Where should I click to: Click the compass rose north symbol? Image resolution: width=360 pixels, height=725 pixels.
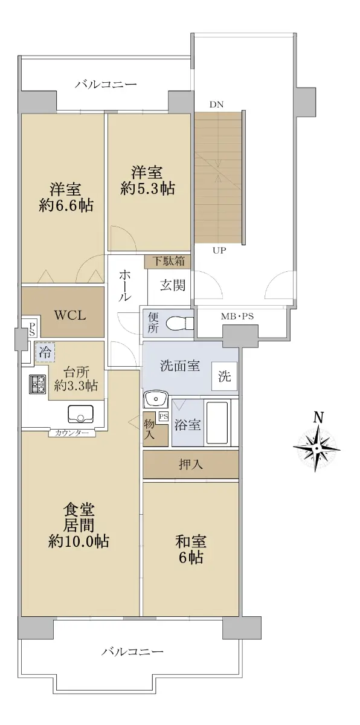click(317, 442)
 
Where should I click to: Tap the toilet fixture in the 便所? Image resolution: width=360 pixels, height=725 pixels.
click(179, 323)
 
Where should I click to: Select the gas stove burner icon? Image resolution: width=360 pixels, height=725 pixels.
click(37, 384)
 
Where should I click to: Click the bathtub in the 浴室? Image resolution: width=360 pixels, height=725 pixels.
click(218, 422)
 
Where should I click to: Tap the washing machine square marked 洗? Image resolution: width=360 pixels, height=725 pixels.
click(224, 376)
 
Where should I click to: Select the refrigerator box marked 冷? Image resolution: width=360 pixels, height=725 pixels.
click(45, 352)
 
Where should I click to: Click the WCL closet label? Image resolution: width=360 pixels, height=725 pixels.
click(70, 315)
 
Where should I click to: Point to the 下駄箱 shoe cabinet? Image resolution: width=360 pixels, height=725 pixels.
click(167, 262)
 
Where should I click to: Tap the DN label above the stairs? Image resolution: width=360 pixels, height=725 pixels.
click(216, 105)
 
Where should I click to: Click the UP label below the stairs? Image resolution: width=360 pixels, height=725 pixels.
click(219, 250)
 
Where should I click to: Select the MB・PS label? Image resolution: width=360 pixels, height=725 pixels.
click(237, 316)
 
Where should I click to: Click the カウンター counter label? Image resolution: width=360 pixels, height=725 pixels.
click(72, 433)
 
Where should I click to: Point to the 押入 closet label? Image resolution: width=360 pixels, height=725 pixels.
click(191, 465)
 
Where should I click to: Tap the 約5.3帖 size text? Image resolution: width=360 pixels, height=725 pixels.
click(148, 188)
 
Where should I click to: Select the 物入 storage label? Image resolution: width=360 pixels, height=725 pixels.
click(149, 430)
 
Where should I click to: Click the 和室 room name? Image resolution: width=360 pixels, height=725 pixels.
click(191, 542)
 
